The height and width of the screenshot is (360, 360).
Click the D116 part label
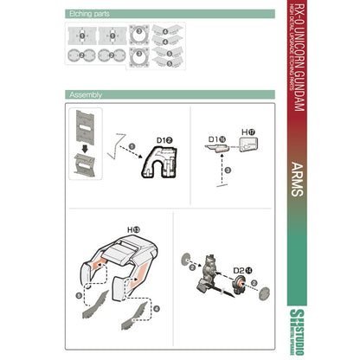point(216,136)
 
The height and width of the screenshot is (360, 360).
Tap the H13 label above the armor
point(133,228)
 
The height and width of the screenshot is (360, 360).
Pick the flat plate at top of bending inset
point(85,125)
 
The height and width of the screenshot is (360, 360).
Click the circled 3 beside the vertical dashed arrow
point(227,171)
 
